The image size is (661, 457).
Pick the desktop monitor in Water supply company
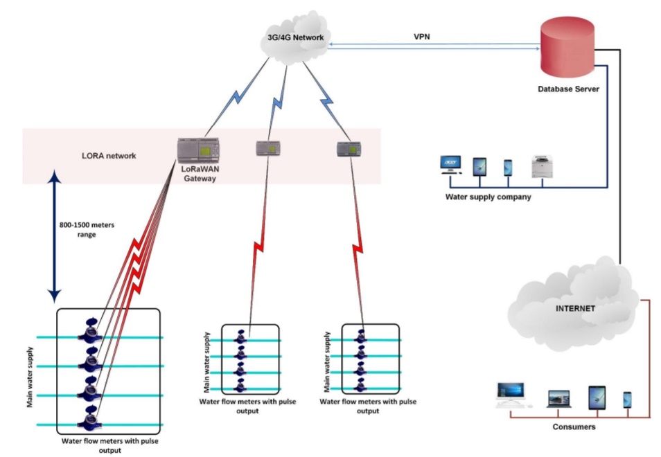tap(450, 165)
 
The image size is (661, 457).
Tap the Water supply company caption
tap(488, 197)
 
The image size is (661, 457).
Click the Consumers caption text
tap(574, 427)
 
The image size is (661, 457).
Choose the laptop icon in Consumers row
tap(558, 398)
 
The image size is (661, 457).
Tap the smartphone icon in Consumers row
tap(627, 399)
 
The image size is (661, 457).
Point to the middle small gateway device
tap(267, 147)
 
